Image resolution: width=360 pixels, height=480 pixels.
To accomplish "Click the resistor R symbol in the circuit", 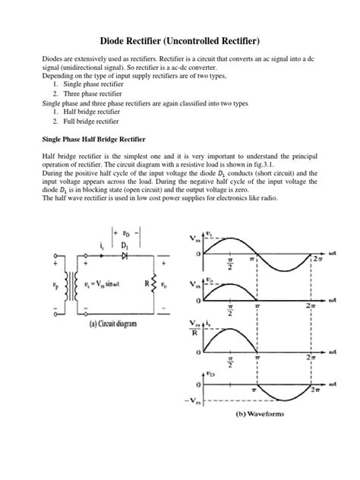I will (157, 288).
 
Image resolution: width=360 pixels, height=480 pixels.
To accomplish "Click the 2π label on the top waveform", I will (318, 258).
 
